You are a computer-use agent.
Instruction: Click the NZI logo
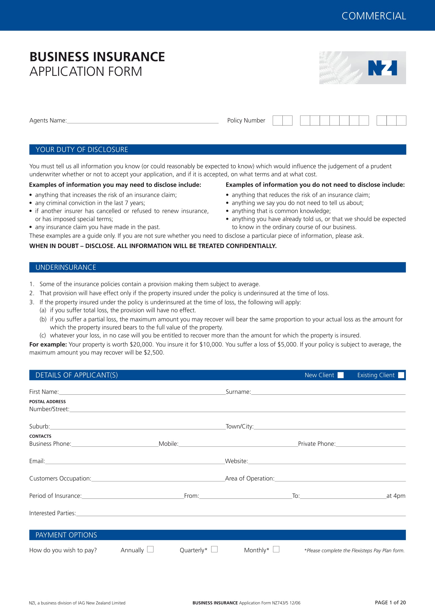382,68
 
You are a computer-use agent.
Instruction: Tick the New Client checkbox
340,375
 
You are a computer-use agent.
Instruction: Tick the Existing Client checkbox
401,375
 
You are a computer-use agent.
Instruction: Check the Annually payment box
150,549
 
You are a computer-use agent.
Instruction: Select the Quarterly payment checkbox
214,549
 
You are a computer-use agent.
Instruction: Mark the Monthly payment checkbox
276,549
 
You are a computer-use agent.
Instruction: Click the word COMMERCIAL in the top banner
374,16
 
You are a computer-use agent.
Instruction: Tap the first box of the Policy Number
277,120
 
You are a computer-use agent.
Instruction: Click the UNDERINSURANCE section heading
66,267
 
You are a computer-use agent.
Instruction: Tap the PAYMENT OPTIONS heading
66,535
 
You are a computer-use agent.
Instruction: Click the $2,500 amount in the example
154,353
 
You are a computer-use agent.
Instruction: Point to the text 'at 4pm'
396,496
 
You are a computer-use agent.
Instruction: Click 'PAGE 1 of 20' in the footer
390,602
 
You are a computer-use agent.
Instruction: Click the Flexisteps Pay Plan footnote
354,550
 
